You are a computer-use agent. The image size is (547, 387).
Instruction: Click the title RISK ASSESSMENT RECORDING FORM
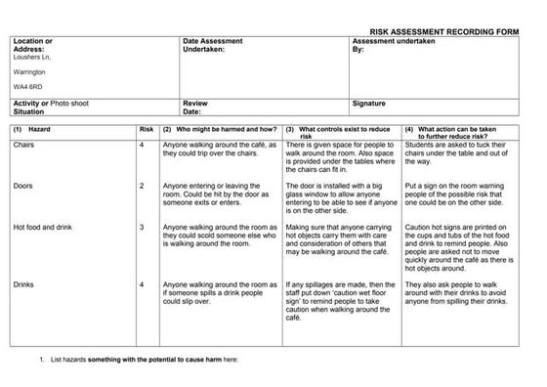click(455, 31)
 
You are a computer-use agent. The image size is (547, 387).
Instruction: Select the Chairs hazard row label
click(24, 145)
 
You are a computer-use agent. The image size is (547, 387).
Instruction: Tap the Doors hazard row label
click(23, 185)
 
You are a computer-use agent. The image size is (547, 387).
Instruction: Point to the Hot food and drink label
click(42, 227)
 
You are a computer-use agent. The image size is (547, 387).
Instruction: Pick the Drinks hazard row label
click(24, 283)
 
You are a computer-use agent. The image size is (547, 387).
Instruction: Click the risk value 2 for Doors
click(143, 185)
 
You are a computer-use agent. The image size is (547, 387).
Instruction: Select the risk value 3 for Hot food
click(143, 227)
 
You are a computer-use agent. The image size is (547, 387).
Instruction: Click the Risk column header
click(147, 129)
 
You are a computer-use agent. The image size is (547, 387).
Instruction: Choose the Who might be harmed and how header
click(221, 129)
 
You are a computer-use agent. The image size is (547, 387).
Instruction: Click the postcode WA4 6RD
click(27, 86)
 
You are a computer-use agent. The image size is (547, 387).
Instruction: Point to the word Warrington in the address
click(30, 71)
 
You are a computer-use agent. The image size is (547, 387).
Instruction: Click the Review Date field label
click(195, 106)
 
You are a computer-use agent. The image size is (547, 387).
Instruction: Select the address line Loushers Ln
click(31, 58)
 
